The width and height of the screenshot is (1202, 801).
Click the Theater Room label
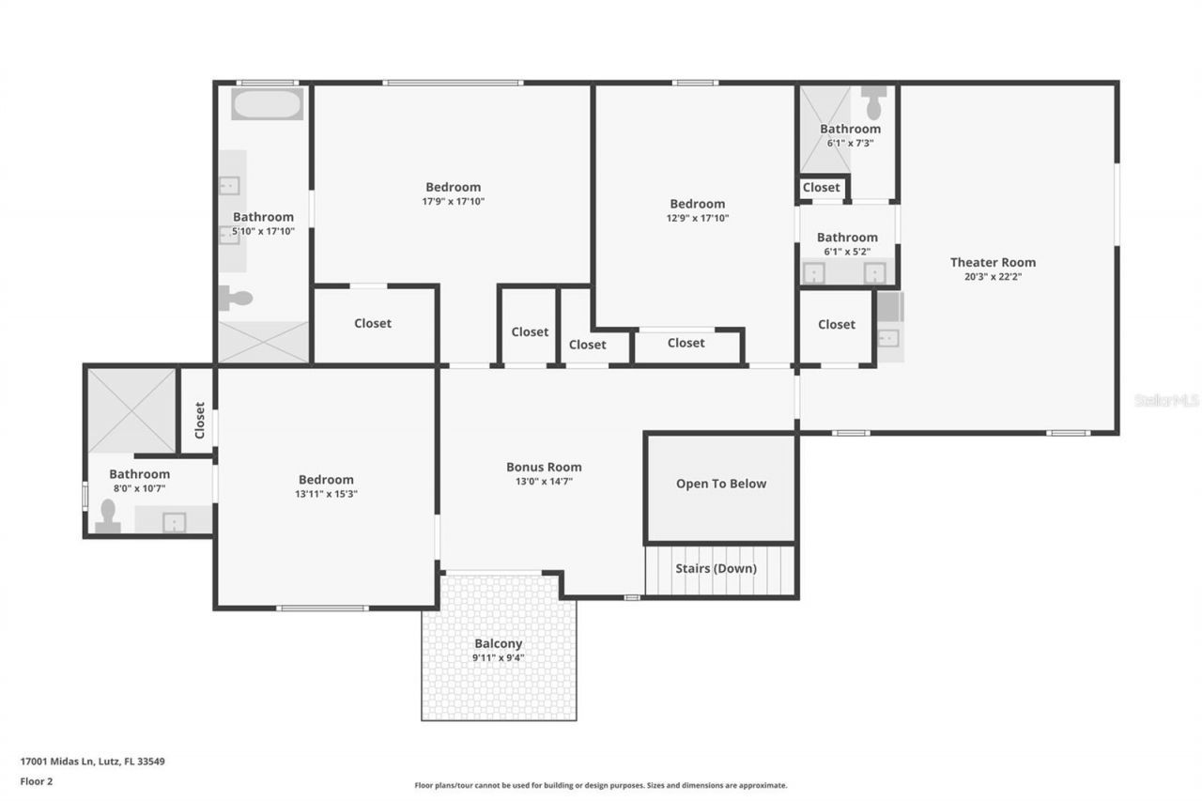(993, 262)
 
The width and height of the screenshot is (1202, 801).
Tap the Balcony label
(498, 643)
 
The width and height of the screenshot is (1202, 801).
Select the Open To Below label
(720, 484)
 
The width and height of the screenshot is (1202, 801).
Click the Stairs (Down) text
(716, 568)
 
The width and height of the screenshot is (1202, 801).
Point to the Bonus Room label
(544, 467)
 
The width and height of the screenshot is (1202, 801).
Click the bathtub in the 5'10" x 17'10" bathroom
(267, 104)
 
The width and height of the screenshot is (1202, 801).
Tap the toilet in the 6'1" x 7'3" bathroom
(874, 100)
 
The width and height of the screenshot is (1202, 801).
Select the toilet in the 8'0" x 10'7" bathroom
(108, 517)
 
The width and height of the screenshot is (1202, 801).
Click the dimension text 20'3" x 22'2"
(993, 277)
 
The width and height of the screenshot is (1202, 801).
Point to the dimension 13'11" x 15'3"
(326, 494)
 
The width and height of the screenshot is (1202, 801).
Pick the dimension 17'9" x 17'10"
(453, 201)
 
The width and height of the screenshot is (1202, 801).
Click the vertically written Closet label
(199, 420)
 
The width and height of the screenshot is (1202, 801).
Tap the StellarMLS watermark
(1166, 400)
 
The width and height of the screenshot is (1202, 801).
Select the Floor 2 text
(37, 780)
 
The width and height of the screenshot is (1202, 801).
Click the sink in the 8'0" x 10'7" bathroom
(174, 521)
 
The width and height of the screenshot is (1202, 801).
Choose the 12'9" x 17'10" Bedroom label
(697, 204)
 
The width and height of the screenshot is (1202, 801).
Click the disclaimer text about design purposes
(601, 785)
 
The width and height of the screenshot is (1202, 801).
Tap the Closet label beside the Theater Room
(836, 324)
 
